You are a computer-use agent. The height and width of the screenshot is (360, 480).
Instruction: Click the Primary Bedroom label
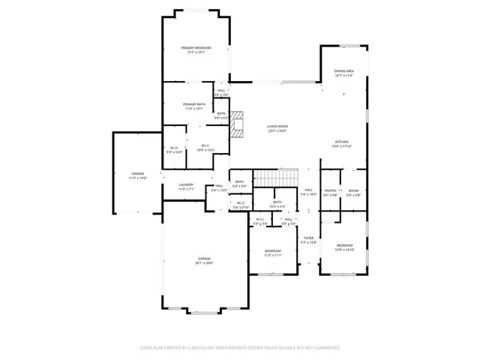point(196,48)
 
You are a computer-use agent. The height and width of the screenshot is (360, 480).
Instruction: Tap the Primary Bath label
point(195,105)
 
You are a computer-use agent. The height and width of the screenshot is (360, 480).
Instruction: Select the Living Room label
point(277,126)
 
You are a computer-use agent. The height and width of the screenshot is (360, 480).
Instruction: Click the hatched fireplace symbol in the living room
point(238,125)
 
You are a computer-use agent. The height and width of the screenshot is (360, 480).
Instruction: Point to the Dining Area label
point(344,70)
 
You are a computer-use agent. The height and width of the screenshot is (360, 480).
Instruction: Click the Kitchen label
point(342,141)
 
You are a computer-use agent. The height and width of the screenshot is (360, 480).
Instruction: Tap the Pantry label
point(330,190)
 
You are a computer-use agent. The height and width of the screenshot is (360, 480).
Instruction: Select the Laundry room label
point(186,184)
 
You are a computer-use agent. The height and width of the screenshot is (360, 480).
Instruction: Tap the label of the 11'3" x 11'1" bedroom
point(272,250)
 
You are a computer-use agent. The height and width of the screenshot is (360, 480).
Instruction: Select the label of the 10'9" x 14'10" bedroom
point(344,244)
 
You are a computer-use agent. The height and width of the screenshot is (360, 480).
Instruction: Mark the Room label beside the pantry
point(353,190)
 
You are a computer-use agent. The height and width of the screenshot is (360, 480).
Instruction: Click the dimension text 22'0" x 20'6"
point(277,130)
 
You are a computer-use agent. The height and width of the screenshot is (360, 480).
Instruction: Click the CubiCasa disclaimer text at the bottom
point(240,347)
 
